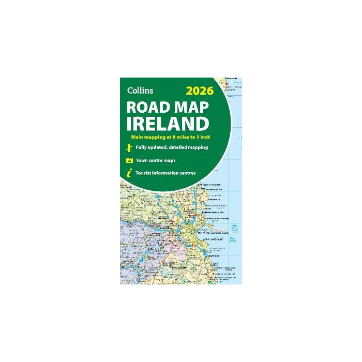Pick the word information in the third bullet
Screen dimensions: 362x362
point(170,173)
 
